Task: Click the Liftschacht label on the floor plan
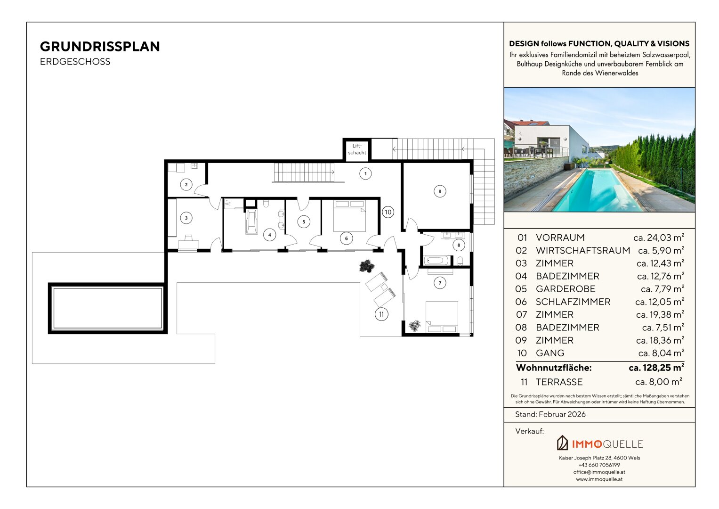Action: pyautogui.click(x=357, y=149)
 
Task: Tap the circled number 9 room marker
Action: pyautogui.click(x=440, y=191)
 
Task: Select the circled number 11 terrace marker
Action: pyautogui.click(x=381, y=314)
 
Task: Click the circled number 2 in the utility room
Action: pyautogui.click(x=186, y=184)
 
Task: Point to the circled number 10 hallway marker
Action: pyautogui.click(x=388, y=212)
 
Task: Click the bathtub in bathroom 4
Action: pyautogui.click(x=251, y=222)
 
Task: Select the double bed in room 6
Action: pyautogui.click(x=349, y=216)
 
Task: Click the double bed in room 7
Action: pyautogui.click(x=442, y=317)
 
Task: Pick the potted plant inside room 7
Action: pyautogui.click(x=414, y=326)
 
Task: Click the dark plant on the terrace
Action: pyautogui.click(x=366, y=266)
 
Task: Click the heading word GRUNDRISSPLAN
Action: pyautogui.click(x=100, y=47)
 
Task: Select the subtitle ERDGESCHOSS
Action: pyautogui.click(x=75, y=62)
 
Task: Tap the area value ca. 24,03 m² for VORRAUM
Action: pyautogui.click(x=659, y=238)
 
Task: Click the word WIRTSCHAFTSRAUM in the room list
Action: pyautogui.click(x=583, y=250)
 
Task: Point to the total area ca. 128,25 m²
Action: pyautogui.click(x=656, y=367)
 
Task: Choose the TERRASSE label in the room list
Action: pyautogui.click(x=559, y=382)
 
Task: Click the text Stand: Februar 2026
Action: pyautogui.click(x=550, y=414)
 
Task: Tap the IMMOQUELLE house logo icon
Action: pyautogui.click(x=562, y=443)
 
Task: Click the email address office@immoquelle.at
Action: pyautogui.click(x=599, y=472)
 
